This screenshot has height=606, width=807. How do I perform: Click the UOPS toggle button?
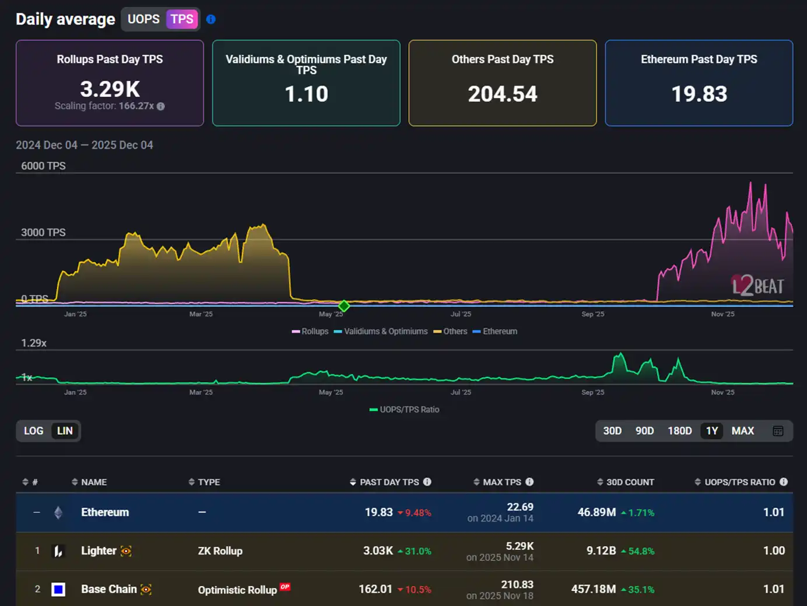click(143, 19)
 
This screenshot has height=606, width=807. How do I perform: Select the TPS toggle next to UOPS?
click(182, 19)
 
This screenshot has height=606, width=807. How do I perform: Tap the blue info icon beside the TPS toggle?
click(211, 19)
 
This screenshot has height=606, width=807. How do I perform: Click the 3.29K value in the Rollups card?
click(110, 89)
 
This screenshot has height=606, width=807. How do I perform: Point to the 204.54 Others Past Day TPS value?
click(503, 94)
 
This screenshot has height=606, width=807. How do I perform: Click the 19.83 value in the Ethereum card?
click(699, 94)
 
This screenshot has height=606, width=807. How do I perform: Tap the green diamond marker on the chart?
click(344, 306)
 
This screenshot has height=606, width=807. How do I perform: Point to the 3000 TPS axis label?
click(43, 232)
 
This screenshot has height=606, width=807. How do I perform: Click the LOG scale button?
click(33, 431)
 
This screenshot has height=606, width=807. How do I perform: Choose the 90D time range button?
click(644, 431)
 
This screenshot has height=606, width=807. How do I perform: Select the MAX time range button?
click(743, 431)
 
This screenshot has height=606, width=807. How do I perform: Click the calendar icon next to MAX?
click(778, 431)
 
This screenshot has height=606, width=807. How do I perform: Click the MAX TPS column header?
click(502, 482)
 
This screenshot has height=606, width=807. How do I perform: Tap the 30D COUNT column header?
click(630, 482)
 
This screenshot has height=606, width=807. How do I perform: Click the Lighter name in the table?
click(99, 551)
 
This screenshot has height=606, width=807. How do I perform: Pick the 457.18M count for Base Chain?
click(593, 589)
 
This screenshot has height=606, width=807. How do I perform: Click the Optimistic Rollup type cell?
click(237, 590)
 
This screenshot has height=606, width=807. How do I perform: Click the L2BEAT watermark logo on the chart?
click(757, 286)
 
